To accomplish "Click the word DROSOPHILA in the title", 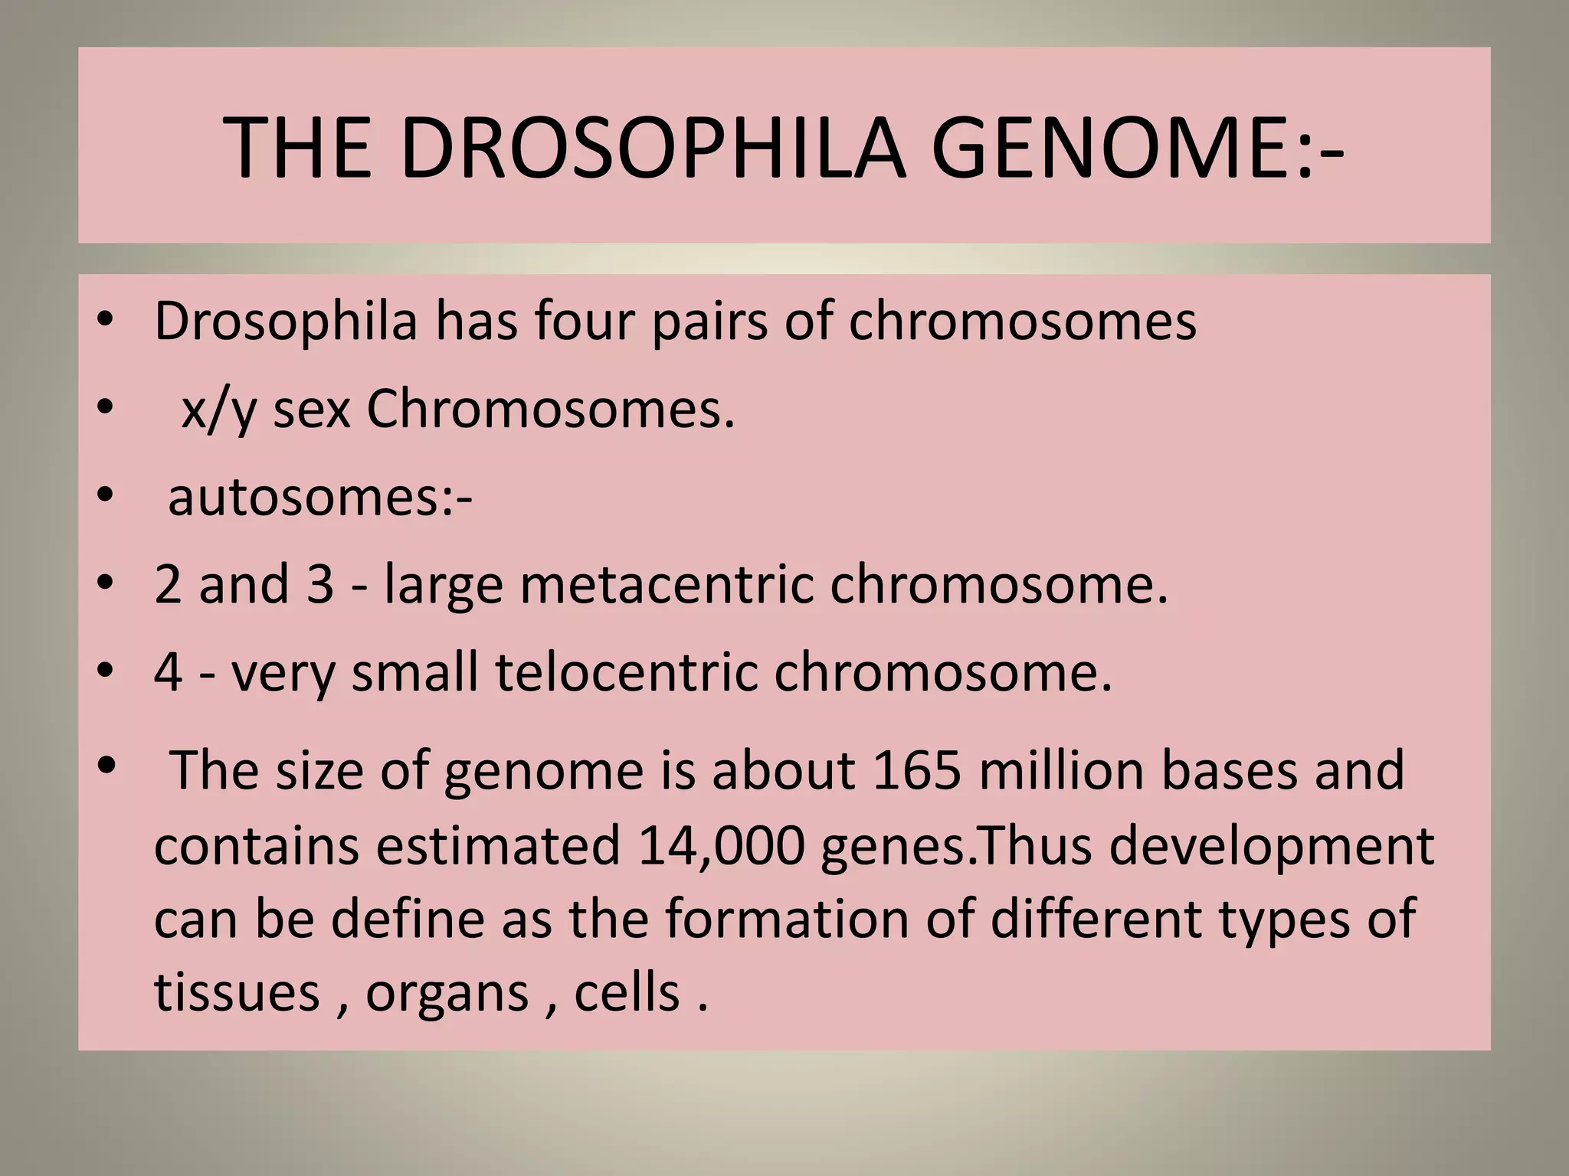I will point(653,148).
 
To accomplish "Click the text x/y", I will point(218,411).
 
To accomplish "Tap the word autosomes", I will point(310,497).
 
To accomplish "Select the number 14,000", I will point(720,845).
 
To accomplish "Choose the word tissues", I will point(237,992).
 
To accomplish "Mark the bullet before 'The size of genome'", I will point(106,764).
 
